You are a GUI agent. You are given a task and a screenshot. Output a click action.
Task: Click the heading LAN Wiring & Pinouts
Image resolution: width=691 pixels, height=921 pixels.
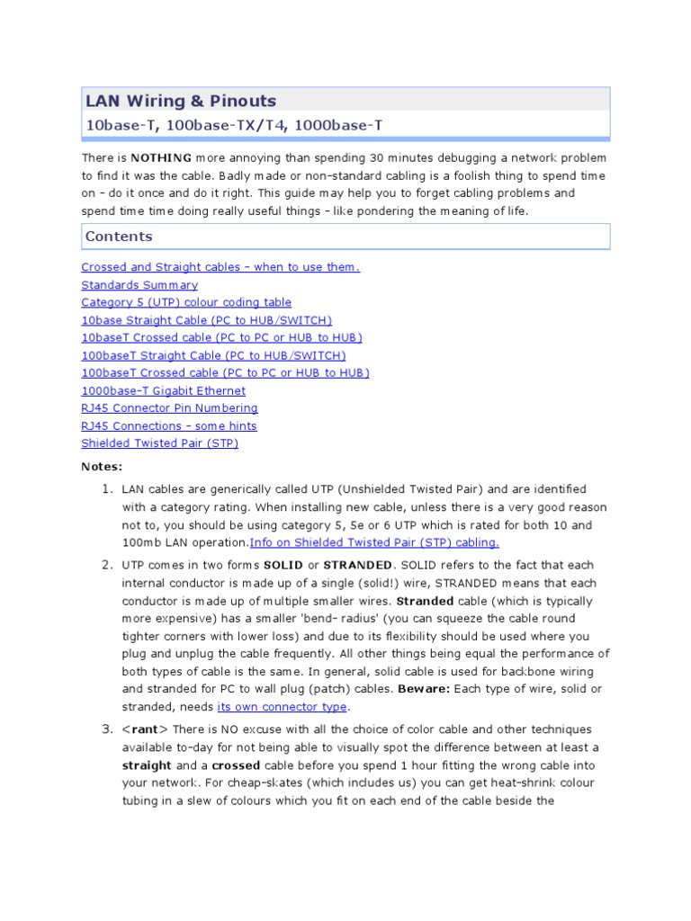coord(180,101)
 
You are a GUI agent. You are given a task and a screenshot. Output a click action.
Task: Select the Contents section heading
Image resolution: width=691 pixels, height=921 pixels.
coord(119,237)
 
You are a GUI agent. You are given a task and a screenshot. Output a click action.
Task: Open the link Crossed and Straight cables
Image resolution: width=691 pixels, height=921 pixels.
coord(220,267)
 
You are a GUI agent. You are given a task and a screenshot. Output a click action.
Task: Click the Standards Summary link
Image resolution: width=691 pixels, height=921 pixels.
coord(139,285)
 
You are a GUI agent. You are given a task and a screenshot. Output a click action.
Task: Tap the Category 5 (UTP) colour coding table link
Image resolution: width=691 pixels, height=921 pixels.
coord(186,302)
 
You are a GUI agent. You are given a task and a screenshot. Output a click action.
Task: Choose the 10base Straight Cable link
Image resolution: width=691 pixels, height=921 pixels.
coord(207,320)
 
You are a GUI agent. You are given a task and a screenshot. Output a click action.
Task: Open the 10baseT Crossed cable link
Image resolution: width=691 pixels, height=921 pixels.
coord(221,337)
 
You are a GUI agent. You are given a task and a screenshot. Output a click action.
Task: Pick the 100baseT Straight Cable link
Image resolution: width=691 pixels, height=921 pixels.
coord(213,355)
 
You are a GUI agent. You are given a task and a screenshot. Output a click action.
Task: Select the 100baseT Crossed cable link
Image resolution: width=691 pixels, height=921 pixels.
coord(225,372)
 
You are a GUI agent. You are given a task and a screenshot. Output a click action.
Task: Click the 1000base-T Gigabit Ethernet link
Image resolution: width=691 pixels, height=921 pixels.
coord(163,390)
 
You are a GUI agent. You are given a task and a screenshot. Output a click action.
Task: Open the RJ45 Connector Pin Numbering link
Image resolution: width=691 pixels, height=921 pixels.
coord(169,407)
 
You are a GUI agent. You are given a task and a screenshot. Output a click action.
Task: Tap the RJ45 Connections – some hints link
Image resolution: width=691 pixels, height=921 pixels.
coord(169,425)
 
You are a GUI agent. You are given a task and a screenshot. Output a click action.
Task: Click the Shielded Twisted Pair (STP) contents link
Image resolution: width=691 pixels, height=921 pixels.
coord(159,443)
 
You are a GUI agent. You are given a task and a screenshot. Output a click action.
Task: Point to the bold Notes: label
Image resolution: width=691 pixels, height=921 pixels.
coord(102,467)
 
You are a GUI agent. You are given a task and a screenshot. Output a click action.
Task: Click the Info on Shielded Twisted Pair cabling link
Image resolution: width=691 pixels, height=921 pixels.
coord(373,542)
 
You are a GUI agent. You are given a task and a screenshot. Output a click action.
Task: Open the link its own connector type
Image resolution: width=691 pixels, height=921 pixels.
coord(282,707)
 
